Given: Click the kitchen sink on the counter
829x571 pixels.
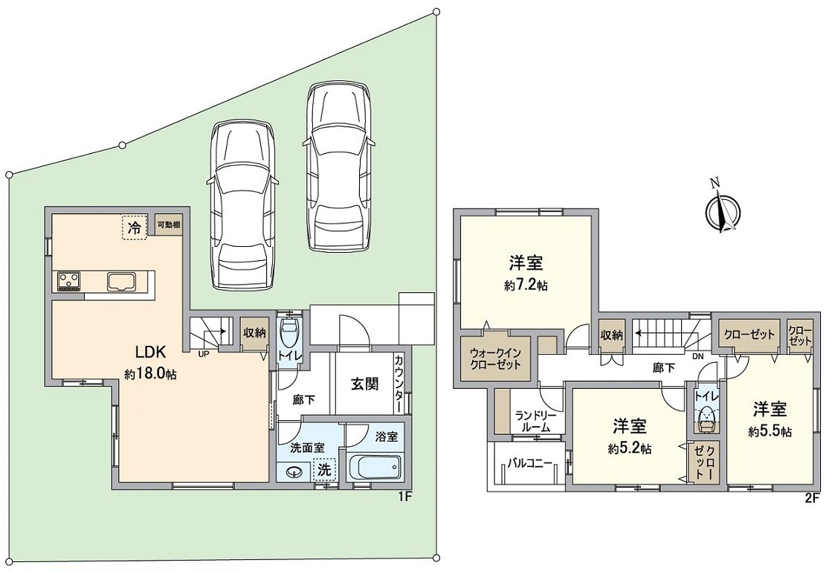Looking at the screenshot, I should (x=120, y=281).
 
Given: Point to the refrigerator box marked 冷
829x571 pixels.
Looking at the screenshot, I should (x=134, y=228).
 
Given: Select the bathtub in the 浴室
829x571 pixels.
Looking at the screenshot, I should (x=375, y=468).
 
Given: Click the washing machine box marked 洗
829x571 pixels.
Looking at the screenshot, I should (x=324, y=469).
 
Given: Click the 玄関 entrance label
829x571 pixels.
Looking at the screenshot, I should (x=364, y=384).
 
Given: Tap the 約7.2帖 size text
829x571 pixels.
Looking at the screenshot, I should (x=526, y=285).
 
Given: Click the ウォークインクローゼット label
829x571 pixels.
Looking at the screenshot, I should (x=494, y=359).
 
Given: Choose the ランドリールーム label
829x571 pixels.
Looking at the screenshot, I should (x=532, y=422).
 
